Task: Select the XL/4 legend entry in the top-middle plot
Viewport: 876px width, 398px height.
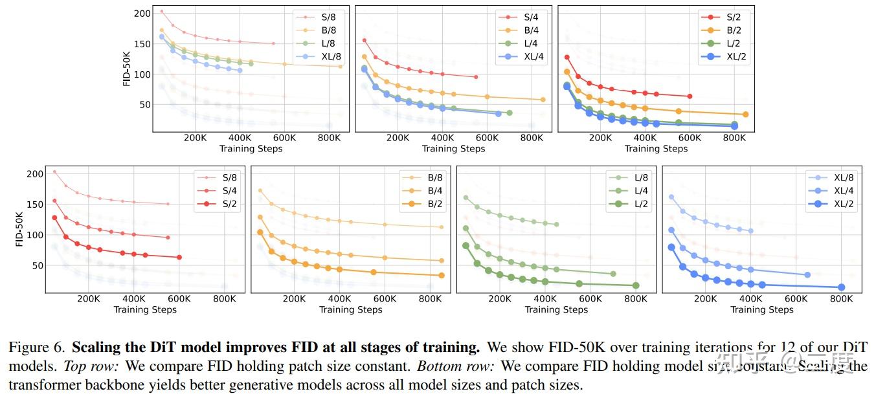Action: point(533,56)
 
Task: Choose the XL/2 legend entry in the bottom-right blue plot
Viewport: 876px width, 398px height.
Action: point(844,204)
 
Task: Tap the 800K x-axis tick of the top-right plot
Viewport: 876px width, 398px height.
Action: point(734,138)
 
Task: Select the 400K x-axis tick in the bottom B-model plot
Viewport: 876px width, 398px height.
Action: point(339,299)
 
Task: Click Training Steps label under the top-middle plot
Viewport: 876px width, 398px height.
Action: point(453,149)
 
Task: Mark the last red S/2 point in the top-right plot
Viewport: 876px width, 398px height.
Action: point(690,96)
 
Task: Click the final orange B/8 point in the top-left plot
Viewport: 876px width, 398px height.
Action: point(341,66)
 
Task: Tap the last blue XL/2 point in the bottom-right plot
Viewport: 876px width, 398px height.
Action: point(841,287)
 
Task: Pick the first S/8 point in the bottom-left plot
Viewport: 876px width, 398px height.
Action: point(54,172)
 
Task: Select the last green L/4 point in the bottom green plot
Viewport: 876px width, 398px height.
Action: point(612,274)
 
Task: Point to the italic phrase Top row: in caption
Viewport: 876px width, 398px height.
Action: point(91,366)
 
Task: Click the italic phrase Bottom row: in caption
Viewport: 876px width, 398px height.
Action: point(455,366)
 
